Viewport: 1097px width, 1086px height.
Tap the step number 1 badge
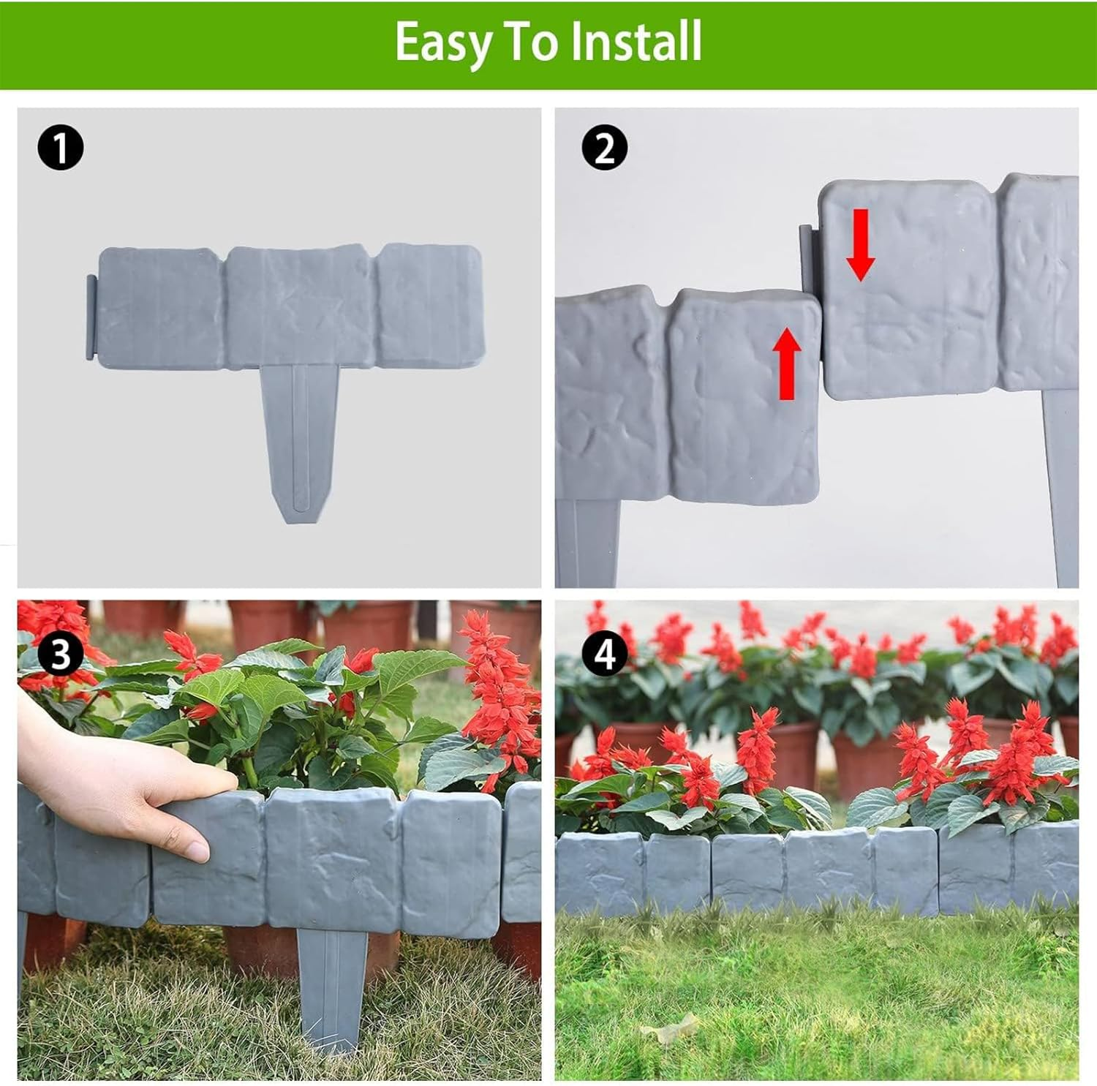[60, 148]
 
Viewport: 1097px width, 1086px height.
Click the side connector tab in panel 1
[90, 317]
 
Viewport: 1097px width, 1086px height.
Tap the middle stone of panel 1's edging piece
[301, 306]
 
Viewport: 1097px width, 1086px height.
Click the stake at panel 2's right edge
[1061, 483]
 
